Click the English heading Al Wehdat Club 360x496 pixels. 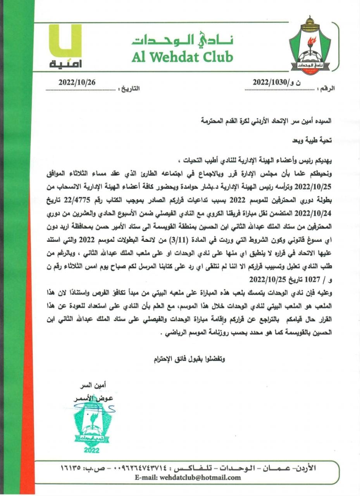tap(182, 57)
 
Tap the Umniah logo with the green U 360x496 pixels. tap(65, 46)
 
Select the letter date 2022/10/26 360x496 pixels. tap(77, 82)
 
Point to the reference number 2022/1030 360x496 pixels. tap(274, 82)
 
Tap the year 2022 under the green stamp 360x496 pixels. tap(91, 450)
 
